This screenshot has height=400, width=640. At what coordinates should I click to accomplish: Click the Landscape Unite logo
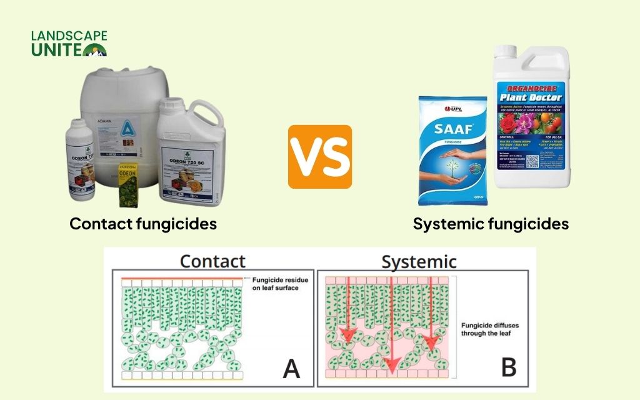click(x=69, y=44)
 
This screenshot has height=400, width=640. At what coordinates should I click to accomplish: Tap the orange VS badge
click(x=319, y=156)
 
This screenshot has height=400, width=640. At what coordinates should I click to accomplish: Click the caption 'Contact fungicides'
click(x=143, y=223)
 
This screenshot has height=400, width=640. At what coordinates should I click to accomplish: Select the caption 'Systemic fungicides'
click(x=491, y=224)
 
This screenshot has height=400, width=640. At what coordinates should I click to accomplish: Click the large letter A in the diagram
click(x=291, y=369)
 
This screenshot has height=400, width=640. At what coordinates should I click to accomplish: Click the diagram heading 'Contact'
click(x=212, y=261)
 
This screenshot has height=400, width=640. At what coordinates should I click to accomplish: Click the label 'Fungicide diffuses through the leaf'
click(x=491, y=329)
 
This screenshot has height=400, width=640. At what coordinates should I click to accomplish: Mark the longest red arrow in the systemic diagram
click(x=391, y=325)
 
